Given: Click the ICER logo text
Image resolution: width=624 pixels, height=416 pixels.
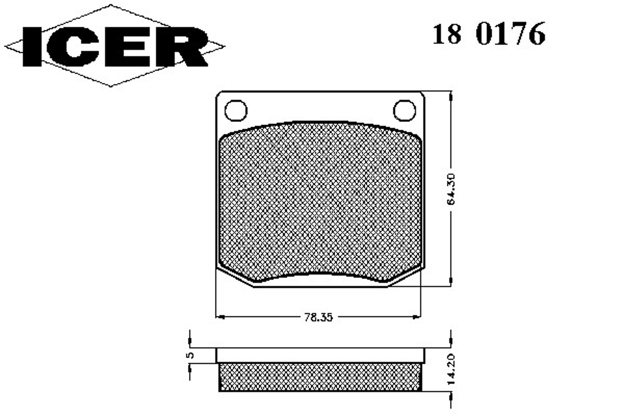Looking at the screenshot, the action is (x=115, y=47).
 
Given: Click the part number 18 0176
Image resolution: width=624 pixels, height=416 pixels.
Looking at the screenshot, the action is (x=489, y=34).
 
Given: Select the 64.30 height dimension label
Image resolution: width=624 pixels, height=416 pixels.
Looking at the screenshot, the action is (x=451, y=190).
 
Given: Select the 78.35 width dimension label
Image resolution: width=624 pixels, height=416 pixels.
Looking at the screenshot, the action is (x=318, y=317).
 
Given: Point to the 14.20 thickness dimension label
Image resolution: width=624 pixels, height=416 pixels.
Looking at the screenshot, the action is (x=451, y=369).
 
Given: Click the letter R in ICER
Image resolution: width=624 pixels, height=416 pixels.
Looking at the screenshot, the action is (x=182, y=47).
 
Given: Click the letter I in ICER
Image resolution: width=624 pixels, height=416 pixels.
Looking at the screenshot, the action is (x=32, y=47).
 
